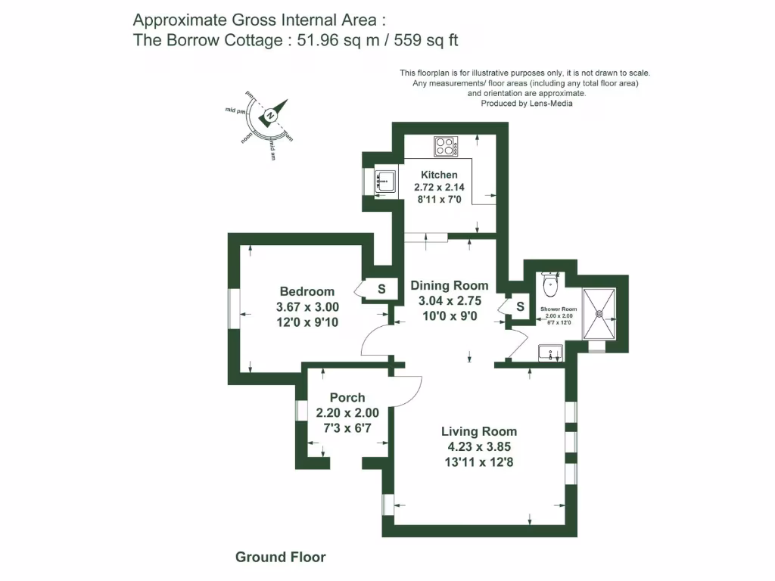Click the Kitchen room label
tap(439, 175)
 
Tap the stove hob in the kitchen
tap(445, 145)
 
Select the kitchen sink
tap(385, 179)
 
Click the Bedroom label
tap(307, 291)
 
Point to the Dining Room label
tap(449, 286)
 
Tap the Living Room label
tap(479, 431)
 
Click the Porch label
tap(347, 397)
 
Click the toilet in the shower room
tap(550, 287)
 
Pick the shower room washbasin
tap(549, 352)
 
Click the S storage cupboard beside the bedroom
tap(381, 288)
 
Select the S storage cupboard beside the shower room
tap(520, 306)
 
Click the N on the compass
tap(270, 116)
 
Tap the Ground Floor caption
tap(280, 558)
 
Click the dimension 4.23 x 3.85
tap(479, 446)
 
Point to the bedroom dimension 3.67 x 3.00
tap(307, 307)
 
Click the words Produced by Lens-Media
tap(526, 104)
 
